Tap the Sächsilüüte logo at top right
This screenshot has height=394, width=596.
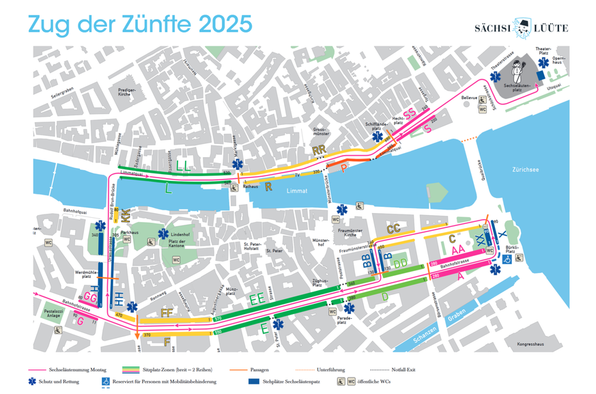tap(522, 27)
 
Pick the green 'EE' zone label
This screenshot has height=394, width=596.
tap(257, 298)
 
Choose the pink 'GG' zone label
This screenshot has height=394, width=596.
tap(89, 296)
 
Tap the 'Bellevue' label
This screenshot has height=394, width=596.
tap(470, 98)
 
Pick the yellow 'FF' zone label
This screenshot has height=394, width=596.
tap(167, 313)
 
